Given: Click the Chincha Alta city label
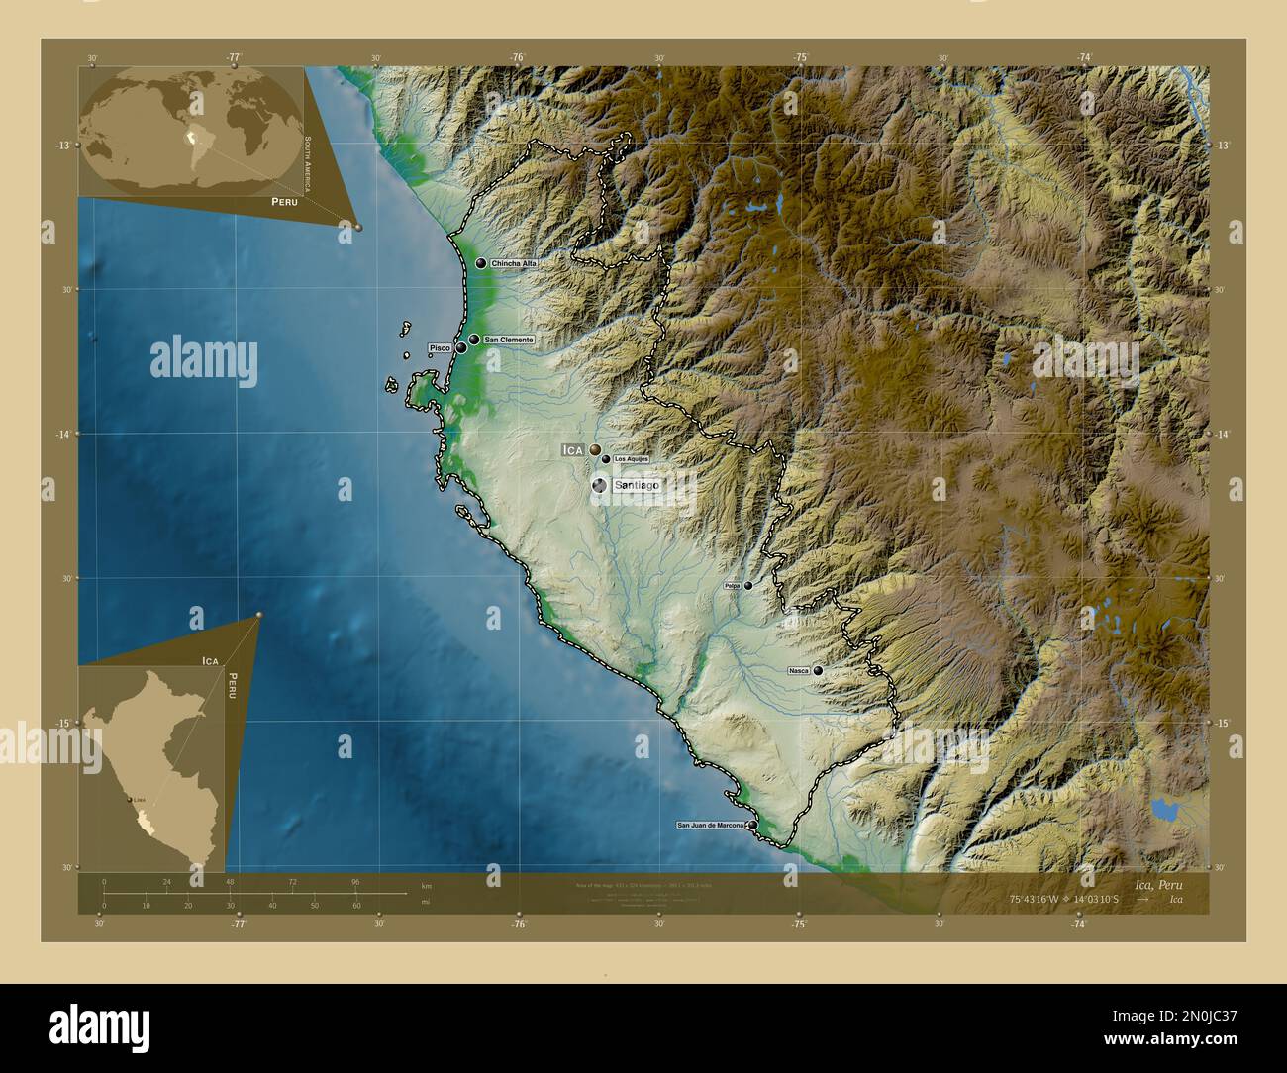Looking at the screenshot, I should click(x=513, y=264).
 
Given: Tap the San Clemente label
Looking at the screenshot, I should click(x=508, y=340).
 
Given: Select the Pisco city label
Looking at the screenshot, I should click(x=439, y=348).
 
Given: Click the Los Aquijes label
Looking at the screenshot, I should click(x=631, y=459).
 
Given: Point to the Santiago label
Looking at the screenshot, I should click(x=637, y=486).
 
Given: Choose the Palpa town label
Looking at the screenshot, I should click(x=733, y=586).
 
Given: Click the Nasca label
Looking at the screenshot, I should click(x=798, y=671).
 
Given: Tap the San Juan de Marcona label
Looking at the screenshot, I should click(x=710, y=825).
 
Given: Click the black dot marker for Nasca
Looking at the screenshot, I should click(x=818, y=671).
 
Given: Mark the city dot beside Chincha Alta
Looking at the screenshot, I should click(x=481, y=264).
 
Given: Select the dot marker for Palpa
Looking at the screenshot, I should click(x=748, y=586).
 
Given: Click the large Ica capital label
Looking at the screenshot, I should click(x=572, y=450).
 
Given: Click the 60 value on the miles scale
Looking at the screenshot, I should click(x=356, y=905).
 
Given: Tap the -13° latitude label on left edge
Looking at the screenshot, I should click(x=62, y=146).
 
